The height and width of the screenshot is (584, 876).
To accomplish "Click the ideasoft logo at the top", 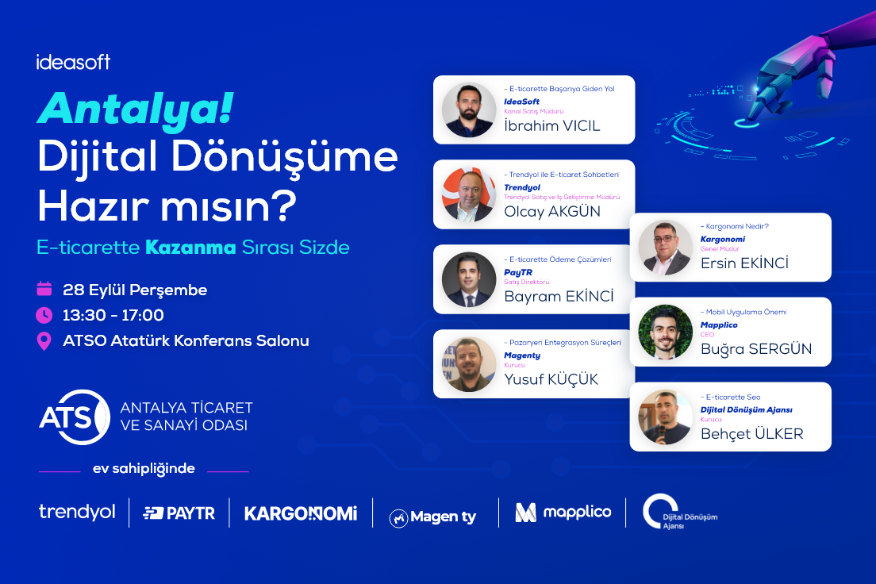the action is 73,61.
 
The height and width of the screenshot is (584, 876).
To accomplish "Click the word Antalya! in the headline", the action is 136,109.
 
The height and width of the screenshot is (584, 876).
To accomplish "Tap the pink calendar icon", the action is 44,288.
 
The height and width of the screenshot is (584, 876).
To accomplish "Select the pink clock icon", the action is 44,315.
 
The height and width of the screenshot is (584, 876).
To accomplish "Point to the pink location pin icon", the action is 44,341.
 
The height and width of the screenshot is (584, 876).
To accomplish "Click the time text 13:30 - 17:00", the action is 113,315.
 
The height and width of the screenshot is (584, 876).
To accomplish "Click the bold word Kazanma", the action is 190,248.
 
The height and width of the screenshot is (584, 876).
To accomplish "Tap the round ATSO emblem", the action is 75,417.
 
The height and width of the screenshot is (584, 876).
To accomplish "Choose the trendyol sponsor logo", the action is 77,512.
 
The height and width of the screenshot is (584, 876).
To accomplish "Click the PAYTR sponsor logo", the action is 179,513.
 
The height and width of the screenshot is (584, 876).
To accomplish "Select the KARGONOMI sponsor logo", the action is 301,513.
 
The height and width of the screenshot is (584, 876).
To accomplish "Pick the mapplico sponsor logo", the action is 563,512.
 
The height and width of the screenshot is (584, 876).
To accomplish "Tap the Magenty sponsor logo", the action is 433,517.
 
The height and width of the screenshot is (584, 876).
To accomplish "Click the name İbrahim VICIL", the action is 552,125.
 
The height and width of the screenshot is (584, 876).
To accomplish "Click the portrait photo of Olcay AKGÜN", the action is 469,194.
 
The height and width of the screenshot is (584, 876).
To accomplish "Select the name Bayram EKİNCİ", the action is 559,296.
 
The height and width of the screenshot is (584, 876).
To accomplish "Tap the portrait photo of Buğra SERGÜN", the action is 666,332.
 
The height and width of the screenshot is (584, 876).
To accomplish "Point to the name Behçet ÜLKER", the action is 752,434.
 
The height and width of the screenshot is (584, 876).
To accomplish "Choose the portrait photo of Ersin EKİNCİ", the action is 666,247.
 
